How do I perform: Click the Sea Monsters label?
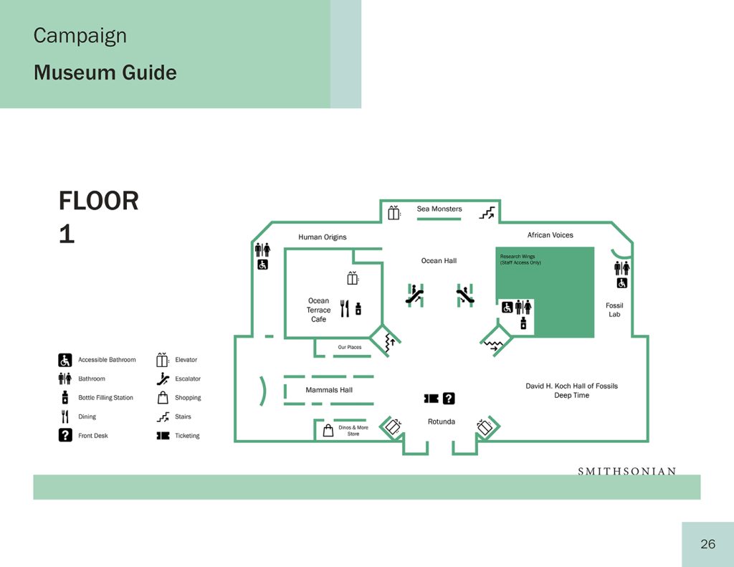[x=439, y=209]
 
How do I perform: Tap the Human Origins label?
[x=323, y=237]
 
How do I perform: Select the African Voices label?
[x=550, y=235]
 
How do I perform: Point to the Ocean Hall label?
[x=439, y=261]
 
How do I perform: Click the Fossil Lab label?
[x=614, y=310]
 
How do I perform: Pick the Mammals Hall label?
[x=329, y=390]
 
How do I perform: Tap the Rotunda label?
[x=442, y=421]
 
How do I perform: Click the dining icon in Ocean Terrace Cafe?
[x=345, y=308]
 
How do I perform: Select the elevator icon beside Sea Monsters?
[x=394, y=213]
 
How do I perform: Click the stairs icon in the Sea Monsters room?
[x=487, y=213]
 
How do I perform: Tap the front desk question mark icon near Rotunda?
[x=449, y=399]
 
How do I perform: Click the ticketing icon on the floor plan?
[x=431, y=399]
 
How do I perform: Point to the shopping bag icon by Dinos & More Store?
[x=328, y=430]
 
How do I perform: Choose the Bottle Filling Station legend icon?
[x=65, y=398]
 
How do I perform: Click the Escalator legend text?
[x=188, y=378]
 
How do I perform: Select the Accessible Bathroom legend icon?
[x=65, y=360]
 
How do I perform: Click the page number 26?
[x=707, y=544]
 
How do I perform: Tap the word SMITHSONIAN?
[x=626, y=471]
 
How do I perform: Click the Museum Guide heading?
[x=105, y=72]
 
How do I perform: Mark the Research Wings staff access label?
[x=520, y=259]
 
